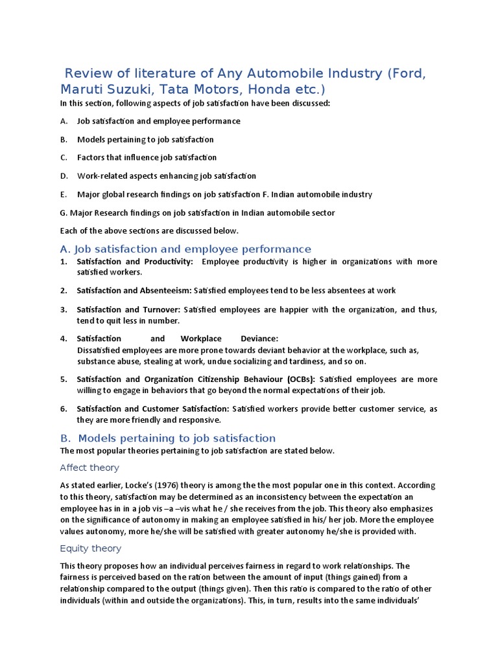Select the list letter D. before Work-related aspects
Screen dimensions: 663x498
64,175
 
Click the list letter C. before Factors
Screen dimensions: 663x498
64,157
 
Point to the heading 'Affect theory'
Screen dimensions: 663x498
89,467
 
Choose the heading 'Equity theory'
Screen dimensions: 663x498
90,548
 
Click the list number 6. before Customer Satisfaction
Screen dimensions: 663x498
64,409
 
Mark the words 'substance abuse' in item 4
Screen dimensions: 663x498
106,361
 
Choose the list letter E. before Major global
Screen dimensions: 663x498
63,194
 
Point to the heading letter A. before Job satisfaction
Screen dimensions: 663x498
64,249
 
